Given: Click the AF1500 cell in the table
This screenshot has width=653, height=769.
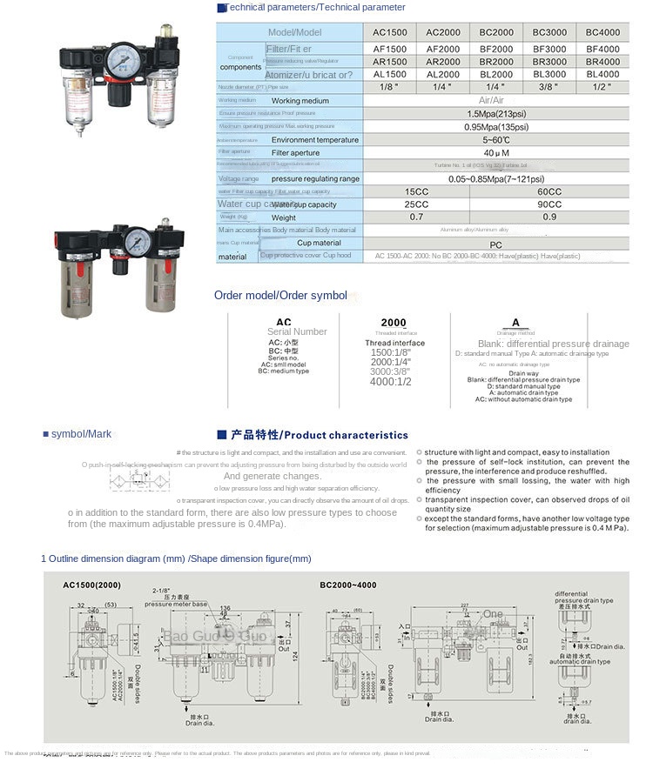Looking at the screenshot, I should tap(389, 49).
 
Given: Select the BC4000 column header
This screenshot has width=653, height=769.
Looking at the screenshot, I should tap(603, 32).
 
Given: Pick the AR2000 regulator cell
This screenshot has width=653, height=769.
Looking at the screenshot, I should tap(443, 62).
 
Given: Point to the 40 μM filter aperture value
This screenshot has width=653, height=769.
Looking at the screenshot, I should tap(496, 152).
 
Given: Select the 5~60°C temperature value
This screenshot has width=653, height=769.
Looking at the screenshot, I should tap(496, 139).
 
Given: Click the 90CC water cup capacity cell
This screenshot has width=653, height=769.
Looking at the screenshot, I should tap(549, 204).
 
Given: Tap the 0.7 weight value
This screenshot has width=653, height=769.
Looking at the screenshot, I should tap(416, 217).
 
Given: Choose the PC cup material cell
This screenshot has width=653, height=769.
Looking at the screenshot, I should tap(496, 244).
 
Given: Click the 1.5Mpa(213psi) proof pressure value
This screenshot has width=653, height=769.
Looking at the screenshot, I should tap(496, 114).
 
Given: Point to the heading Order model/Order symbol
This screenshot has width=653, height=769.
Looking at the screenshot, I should tap(280, 296).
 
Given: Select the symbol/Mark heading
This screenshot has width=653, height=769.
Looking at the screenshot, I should tap(81, 434).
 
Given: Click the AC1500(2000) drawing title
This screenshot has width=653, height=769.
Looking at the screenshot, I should tap(92, 585).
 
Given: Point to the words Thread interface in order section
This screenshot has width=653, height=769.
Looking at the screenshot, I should tap(395, 344).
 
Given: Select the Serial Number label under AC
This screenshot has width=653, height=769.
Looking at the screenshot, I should tap(297, 331).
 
